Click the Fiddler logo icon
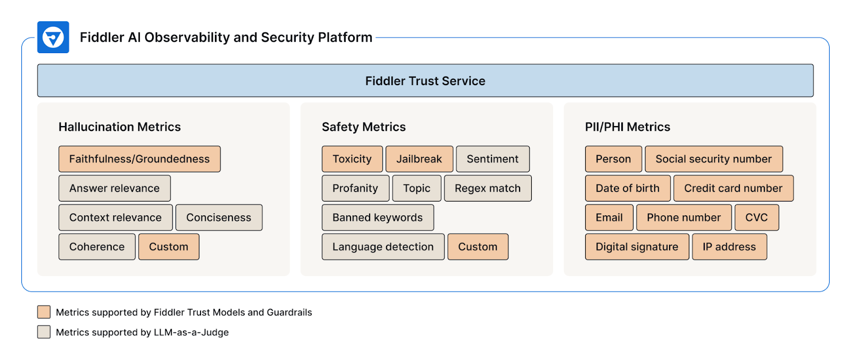pyautogui.click(x=53, y=37)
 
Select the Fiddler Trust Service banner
pyautogui.click(x=425, y=81)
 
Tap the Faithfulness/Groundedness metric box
pyautogui.click(x=139, y=159)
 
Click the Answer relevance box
pyautogui.click(x=114, y=188)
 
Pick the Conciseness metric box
pyautogui.click(x=219, y=217)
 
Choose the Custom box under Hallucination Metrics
pyautogui.click(x=169, y=247)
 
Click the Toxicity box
pyautogui.click(x=352, y=159)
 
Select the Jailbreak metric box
pyautogui.click(x=419, y=159)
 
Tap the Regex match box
pyautogui.click(x=488, y=188)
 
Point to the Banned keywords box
pyautogui.click(x=378, y=217)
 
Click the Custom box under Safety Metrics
pyautogui.click(x=478, y=247)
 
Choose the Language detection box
pyautogui.click(x=383, y=247)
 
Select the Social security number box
pyautogui.click(x=713, y=159)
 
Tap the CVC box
pyautogui.click(x=756, y=217)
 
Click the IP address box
pyautogui.click(x=729, y=247)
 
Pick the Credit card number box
pyautogui.click(x=733, y=188)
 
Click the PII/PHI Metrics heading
pyautogui.click(x=628, y=127)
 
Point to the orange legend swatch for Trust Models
pyautogui.click(x=44, y=312)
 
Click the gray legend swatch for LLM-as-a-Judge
pyautogui.click(x=44, y=332)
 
